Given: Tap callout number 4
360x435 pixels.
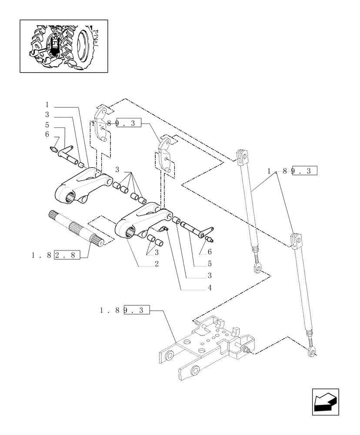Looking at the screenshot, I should [x=210, y=288].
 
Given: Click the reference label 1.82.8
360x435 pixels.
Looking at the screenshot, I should [x=56, y=256].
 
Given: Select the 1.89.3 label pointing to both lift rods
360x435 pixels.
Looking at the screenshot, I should [x=293, y=171].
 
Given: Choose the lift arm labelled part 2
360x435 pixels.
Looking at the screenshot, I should [x=143, y=220].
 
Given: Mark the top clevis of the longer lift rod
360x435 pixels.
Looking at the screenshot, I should [x=296, y=239].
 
